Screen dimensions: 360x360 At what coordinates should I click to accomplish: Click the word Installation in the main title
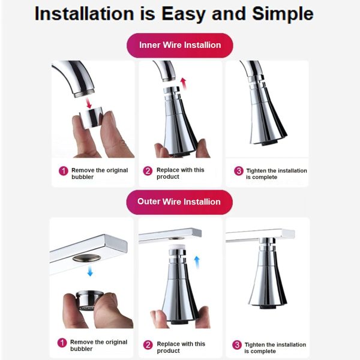(x=85, y=14)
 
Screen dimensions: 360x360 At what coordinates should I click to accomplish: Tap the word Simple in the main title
(x=283, y=14)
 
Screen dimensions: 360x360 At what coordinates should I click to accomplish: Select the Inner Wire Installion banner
(x=180, y=45)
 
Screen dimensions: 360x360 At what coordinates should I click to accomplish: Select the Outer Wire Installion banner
(x=179, y=202)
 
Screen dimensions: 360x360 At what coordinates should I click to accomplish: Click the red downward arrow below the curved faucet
(x=88, y=103)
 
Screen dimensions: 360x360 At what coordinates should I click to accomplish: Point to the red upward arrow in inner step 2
(x=184, y=84)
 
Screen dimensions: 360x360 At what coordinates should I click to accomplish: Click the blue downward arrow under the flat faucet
(x=90, y=271)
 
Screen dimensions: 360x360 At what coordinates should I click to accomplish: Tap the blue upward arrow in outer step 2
(x=197, y=262)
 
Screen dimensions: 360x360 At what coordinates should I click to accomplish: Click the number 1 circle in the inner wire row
(x=64, y=171)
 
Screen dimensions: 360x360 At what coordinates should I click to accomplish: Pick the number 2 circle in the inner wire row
(x=148, y=171)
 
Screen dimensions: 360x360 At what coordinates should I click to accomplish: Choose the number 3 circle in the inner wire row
(x=239, y=171)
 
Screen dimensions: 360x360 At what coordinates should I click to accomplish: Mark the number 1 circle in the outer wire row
(x=62, y=343)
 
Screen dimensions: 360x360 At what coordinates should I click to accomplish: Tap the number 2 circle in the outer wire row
(x=148, y=345)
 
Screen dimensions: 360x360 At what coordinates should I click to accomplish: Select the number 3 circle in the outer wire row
(x=237, y=345)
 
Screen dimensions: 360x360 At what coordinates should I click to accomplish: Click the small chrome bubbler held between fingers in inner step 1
(x=91, y=118)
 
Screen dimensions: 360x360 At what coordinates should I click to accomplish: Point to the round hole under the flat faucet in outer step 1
(x=86, y=258)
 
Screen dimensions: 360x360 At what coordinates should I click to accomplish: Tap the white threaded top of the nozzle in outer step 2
(x=176, y=247)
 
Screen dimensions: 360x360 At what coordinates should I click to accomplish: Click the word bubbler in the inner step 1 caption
(x=82, y=177)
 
